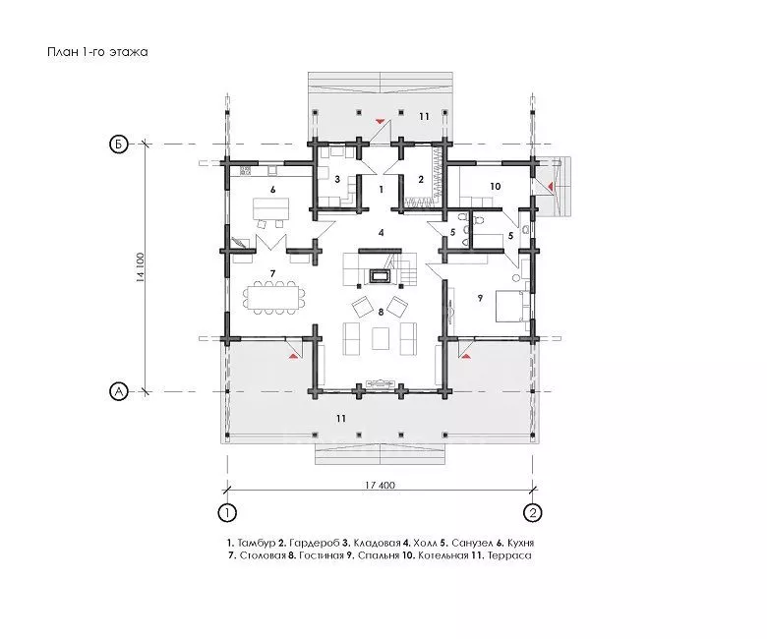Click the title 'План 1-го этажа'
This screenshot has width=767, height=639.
97,52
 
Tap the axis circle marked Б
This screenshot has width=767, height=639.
118,145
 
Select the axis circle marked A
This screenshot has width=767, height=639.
118,391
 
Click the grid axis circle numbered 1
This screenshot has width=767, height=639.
227,513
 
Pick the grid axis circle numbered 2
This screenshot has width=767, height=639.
533,513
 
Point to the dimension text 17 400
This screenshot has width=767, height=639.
381,486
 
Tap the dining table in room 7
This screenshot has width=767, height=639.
272,297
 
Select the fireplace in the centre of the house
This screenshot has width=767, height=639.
381,276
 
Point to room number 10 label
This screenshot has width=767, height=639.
495,186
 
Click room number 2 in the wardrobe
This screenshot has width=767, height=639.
421,180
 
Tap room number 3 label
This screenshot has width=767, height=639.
337,180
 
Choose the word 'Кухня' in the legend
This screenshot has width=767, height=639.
520,544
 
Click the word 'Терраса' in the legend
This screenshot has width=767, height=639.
509,555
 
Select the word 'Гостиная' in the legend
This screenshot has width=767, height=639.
322,555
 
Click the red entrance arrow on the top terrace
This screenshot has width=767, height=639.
380,120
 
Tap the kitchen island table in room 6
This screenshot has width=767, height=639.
270,208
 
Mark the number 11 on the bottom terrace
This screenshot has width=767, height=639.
341,419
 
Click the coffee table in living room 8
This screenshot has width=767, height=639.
381,339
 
